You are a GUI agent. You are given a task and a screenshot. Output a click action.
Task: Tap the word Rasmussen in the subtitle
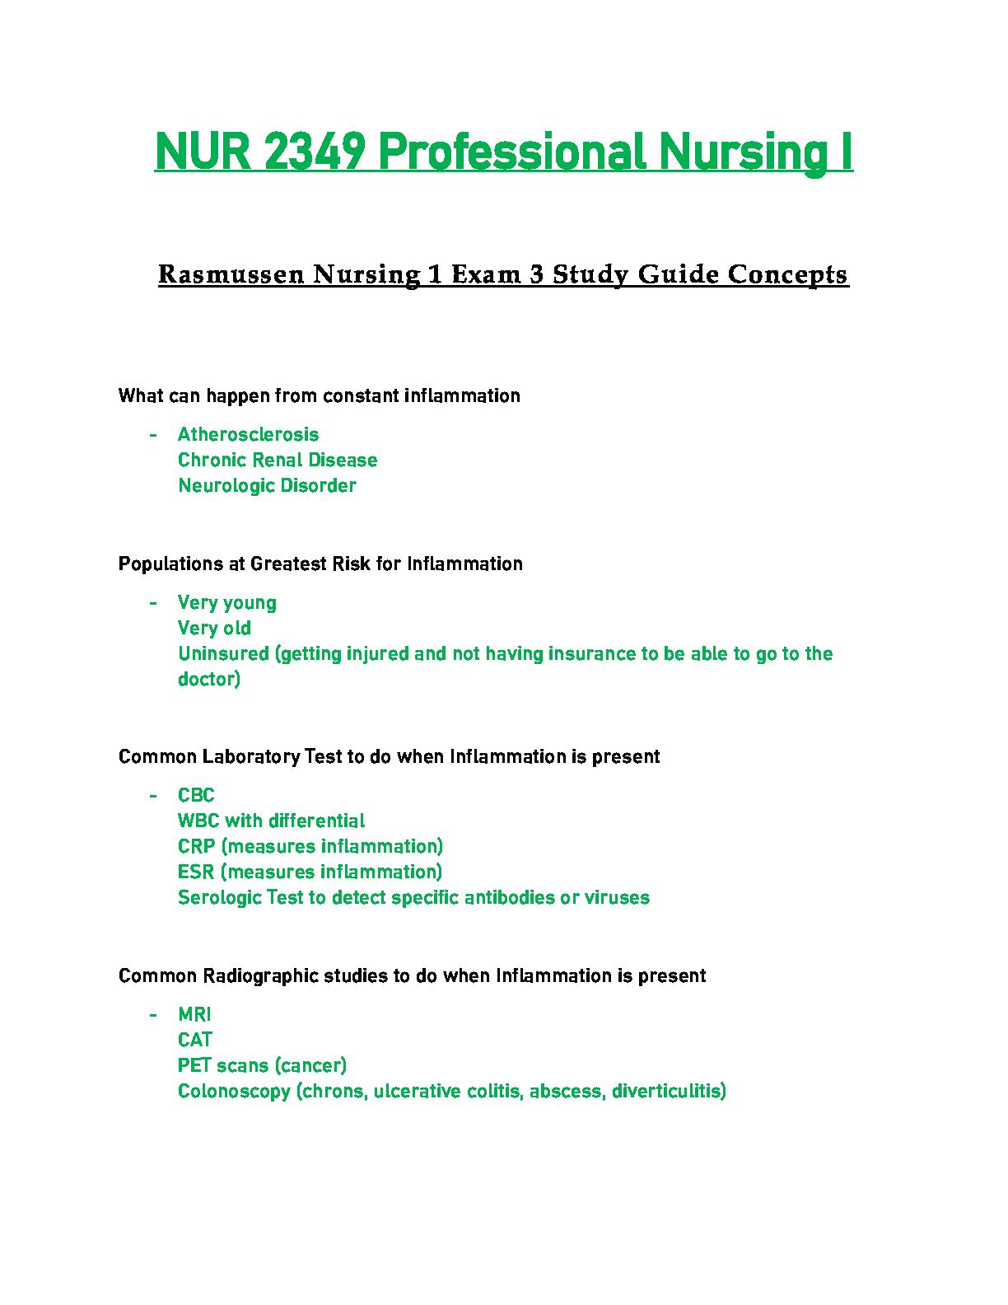point(222,274)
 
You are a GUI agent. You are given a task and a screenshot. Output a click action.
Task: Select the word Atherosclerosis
point(248,434)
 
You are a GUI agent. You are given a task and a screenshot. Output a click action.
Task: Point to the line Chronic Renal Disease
point(278,460)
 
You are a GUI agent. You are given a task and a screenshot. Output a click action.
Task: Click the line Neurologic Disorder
point(267,485)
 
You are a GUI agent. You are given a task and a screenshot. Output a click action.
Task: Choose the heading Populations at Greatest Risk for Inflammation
point(320,564)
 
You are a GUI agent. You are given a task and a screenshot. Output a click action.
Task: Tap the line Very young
point(227,603)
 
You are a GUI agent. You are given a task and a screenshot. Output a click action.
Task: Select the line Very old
point(214,628)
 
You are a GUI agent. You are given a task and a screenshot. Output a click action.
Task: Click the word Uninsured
point(223,653)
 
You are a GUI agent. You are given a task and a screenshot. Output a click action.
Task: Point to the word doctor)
point(209,679)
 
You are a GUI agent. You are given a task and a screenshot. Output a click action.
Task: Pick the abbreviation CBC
point(196,795)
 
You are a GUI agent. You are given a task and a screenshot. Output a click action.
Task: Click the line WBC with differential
point(271,821)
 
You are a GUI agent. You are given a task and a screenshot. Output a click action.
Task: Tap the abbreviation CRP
point(196,846)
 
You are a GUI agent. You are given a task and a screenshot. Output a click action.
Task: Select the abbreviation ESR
point(195,872)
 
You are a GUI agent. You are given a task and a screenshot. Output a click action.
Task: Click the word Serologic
point(219,897)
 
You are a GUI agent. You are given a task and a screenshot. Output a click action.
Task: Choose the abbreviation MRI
point(194,1015)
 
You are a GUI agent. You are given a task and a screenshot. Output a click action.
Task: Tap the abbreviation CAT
point(195,1040)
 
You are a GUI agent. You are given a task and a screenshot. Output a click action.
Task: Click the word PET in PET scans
point(194,1065)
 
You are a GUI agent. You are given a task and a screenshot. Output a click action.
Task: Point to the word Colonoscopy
point(234,1092)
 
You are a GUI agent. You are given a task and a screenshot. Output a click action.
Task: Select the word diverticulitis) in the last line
point(669,1092)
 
